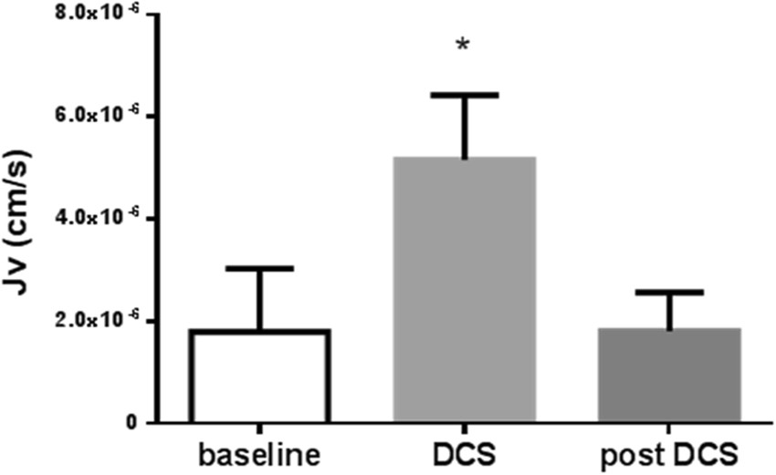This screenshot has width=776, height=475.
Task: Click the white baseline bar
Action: [259, 377]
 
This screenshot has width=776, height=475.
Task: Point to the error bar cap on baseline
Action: [259, 268]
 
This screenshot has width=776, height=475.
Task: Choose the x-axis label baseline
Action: [259, 455]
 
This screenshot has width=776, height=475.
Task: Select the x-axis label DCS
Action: [464, 455]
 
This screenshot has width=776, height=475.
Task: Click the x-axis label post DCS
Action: [669, 455]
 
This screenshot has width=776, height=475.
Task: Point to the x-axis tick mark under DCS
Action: [464, 429]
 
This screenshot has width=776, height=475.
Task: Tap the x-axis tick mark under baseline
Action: [259, 429]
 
